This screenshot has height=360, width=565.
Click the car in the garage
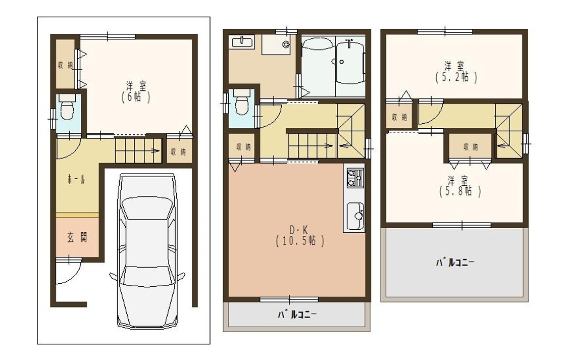[x=146, y=250]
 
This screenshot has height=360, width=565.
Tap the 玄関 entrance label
[x=77, y=237]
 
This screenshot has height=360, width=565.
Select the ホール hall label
[x=76, y=179]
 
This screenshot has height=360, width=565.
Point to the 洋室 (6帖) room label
[x=135, y=91]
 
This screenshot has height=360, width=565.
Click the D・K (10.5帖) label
[x=300, y=235]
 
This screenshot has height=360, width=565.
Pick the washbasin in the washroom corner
[x=243, y=41]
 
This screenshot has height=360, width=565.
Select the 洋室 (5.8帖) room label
[x=457, y=186]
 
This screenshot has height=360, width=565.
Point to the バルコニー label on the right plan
[x=455, y=263]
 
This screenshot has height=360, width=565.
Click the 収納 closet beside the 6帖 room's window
[x=65, y=65]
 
